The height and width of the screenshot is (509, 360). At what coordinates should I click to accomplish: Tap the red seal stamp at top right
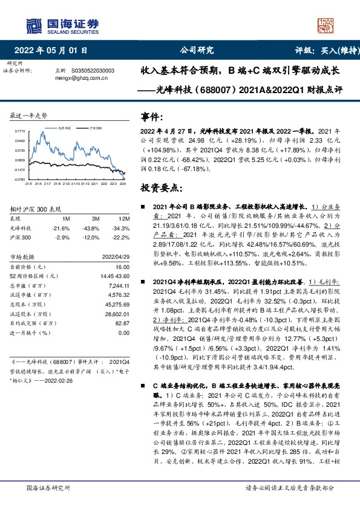(326, 25)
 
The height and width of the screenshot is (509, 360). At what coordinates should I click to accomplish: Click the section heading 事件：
(151, 117)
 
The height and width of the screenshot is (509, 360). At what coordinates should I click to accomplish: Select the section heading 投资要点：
(159, 188)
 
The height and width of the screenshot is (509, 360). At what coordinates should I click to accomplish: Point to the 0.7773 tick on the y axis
(20, 131)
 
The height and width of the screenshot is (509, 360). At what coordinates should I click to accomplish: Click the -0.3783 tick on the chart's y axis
(19, 180)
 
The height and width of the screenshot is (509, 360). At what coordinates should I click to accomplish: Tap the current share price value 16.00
(123, 267)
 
